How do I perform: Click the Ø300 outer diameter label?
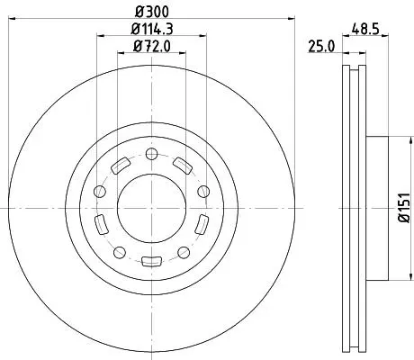(x=152, y=12)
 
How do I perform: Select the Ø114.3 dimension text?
(x=152, y=29)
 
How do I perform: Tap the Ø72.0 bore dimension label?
(x=151, y=46)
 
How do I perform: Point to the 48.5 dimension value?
(x=365, y=30)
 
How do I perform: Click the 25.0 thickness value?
(x=321, y=47)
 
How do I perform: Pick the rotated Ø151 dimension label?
(x=404, y=208)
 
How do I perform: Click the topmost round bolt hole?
(x=151, y=154)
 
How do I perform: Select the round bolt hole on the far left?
(x=100, y=192)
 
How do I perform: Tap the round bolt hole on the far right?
(x=203, y=192)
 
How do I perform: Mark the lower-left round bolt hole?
(x=120, y=252)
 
